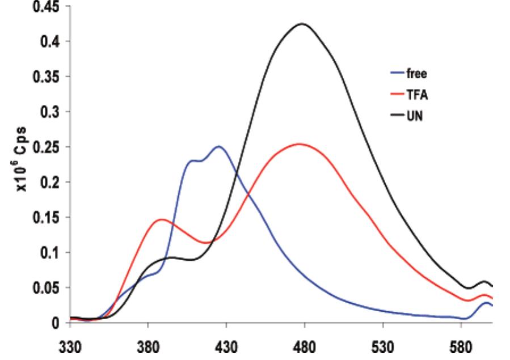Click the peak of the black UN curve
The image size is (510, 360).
coord(302,24)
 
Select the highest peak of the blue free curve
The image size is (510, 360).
coord(218,146)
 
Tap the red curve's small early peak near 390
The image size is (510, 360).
coord(162,219)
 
